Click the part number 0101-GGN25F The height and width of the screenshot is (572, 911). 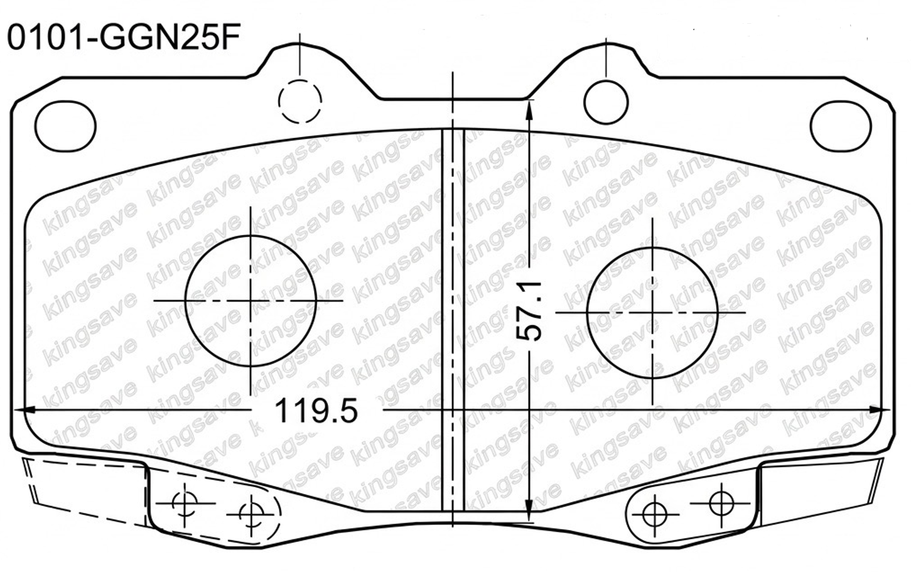[x=123, y=38]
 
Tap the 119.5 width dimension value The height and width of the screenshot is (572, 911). [x=316, y=411]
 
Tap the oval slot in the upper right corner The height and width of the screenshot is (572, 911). [x=841, y=123]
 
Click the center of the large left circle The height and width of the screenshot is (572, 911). [x=251, y=301]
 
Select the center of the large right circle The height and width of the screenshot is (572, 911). [x=652, y=311]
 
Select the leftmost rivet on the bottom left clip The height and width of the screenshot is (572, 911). [x=185, y=502]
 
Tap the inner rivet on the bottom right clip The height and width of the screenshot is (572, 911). [x=654, y=513]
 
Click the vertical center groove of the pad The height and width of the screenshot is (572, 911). [x=453, y=314]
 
